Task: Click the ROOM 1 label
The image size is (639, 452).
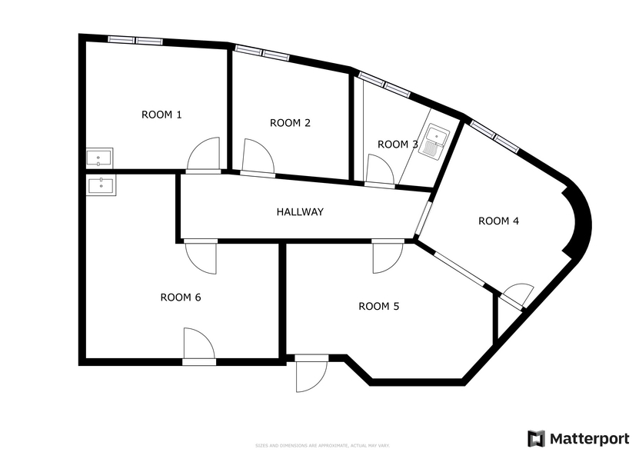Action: [x=161, y=115]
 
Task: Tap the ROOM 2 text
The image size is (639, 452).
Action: [x=290, y=123]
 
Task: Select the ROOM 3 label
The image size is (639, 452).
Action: [x=398, y=145]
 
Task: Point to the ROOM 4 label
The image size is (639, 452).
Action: [x=498, y=221]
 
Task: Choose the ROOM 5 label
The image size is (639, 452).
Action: [x=379, y=307]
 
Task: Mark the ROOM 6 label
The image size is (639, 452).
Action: [x=181, y=297]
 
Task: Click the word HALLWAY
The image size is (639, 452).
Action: [x=300, y=212]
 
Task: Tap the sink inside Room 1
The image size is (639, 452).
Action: [x=99, y=158]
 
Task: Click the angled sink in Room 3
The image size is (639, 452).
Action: [x=434, y=141]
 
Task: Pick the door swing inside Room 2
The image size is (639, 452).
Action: [x=258, y=158]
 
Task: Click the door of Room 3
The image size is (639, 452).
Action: [x=378, y=169]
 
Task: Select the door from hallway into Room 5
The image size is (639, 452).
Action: [x=387, y=257]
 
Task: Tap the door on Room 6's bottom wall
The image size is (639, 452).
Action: [x=198, y=343]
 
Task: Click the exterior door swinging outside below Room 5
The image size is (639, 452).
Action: [x=311, y=376]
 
